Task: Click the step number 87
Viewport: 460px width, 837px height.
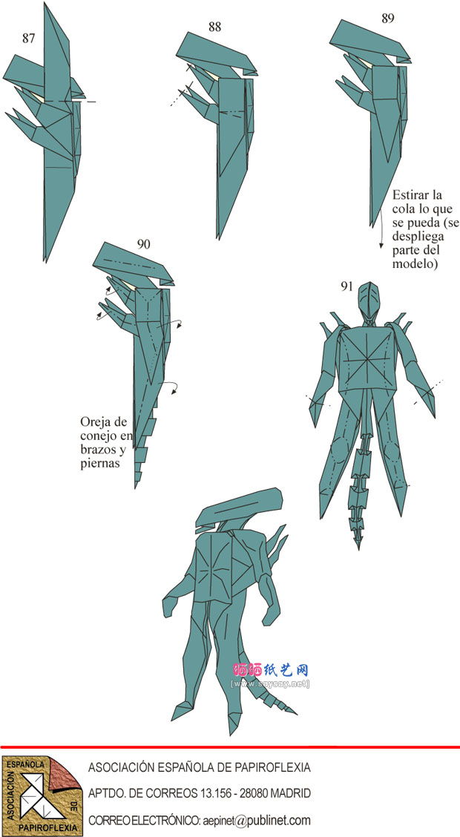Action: [29, 38]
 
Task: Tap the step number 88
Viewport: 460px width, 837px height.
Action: [214, 27]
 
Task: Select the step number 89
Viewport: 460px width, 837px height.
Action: [388, 18]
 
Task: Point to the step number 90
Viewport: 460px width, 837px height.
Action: [143, 244]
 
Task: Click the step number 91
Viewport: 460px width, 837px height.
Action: [347, 286]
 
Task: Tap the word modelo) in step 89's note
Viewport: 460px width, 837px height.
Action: [415, 263]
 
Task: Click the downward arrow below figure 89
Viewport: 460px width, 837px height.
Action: [381, 229]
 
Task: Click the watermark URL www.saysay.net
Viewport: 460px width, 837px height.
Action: [271, 684]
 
